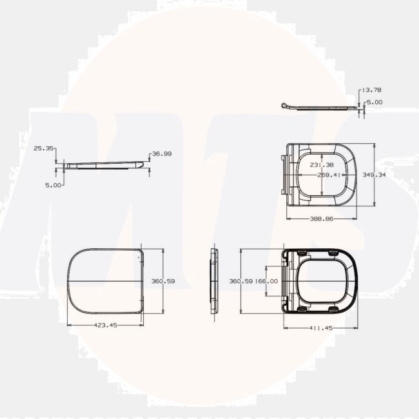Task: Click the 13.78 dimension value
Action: coord(372,90)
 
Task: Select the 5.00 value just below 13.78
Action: coord(375,102)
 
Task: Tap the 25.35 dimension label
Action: coord(43,148)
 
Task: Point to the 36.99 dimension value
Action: coord(161,154)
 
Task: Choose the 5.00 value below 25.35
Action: coord(54,184)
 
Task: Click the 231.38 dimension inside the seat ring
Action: coord(322,165)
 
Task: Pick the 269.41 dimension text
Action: coord(328,175)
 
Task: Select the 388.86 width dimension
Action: coord(322,219)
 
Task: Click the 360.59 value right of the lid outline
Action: coord(162,281)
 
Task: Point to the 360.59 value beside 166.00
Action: coord(242,281)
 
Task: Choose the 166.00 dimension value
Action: coord(266,281)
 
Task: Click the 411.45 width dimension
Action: coord(320,328)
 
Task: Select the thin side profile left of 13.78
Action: coord(319,107)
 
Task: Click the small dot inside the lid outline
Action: coord(139,256)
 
